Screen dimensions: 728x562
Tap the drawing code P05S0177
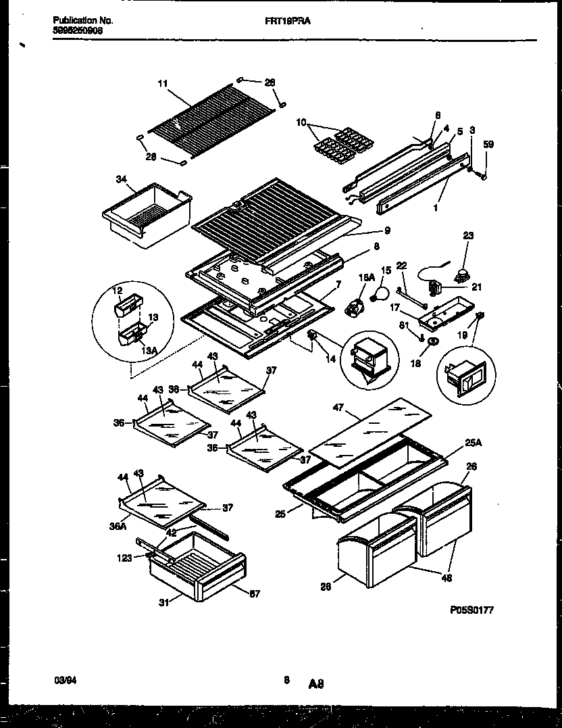(x=471, y=609)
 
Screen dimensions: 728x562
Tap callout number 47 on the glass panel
(x=339, y=408)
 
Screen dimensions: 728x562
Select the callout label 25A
(x=473, y=443)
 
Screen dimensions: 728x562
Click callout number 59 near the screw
(x=488, y=143)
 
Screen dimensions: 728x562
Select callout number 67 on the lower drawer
(x=254, y=593)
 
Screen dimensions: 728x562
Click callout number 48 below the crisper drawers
(x=447, y=577)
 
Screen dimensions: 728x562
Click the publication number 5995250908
(x=78, y=30)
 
